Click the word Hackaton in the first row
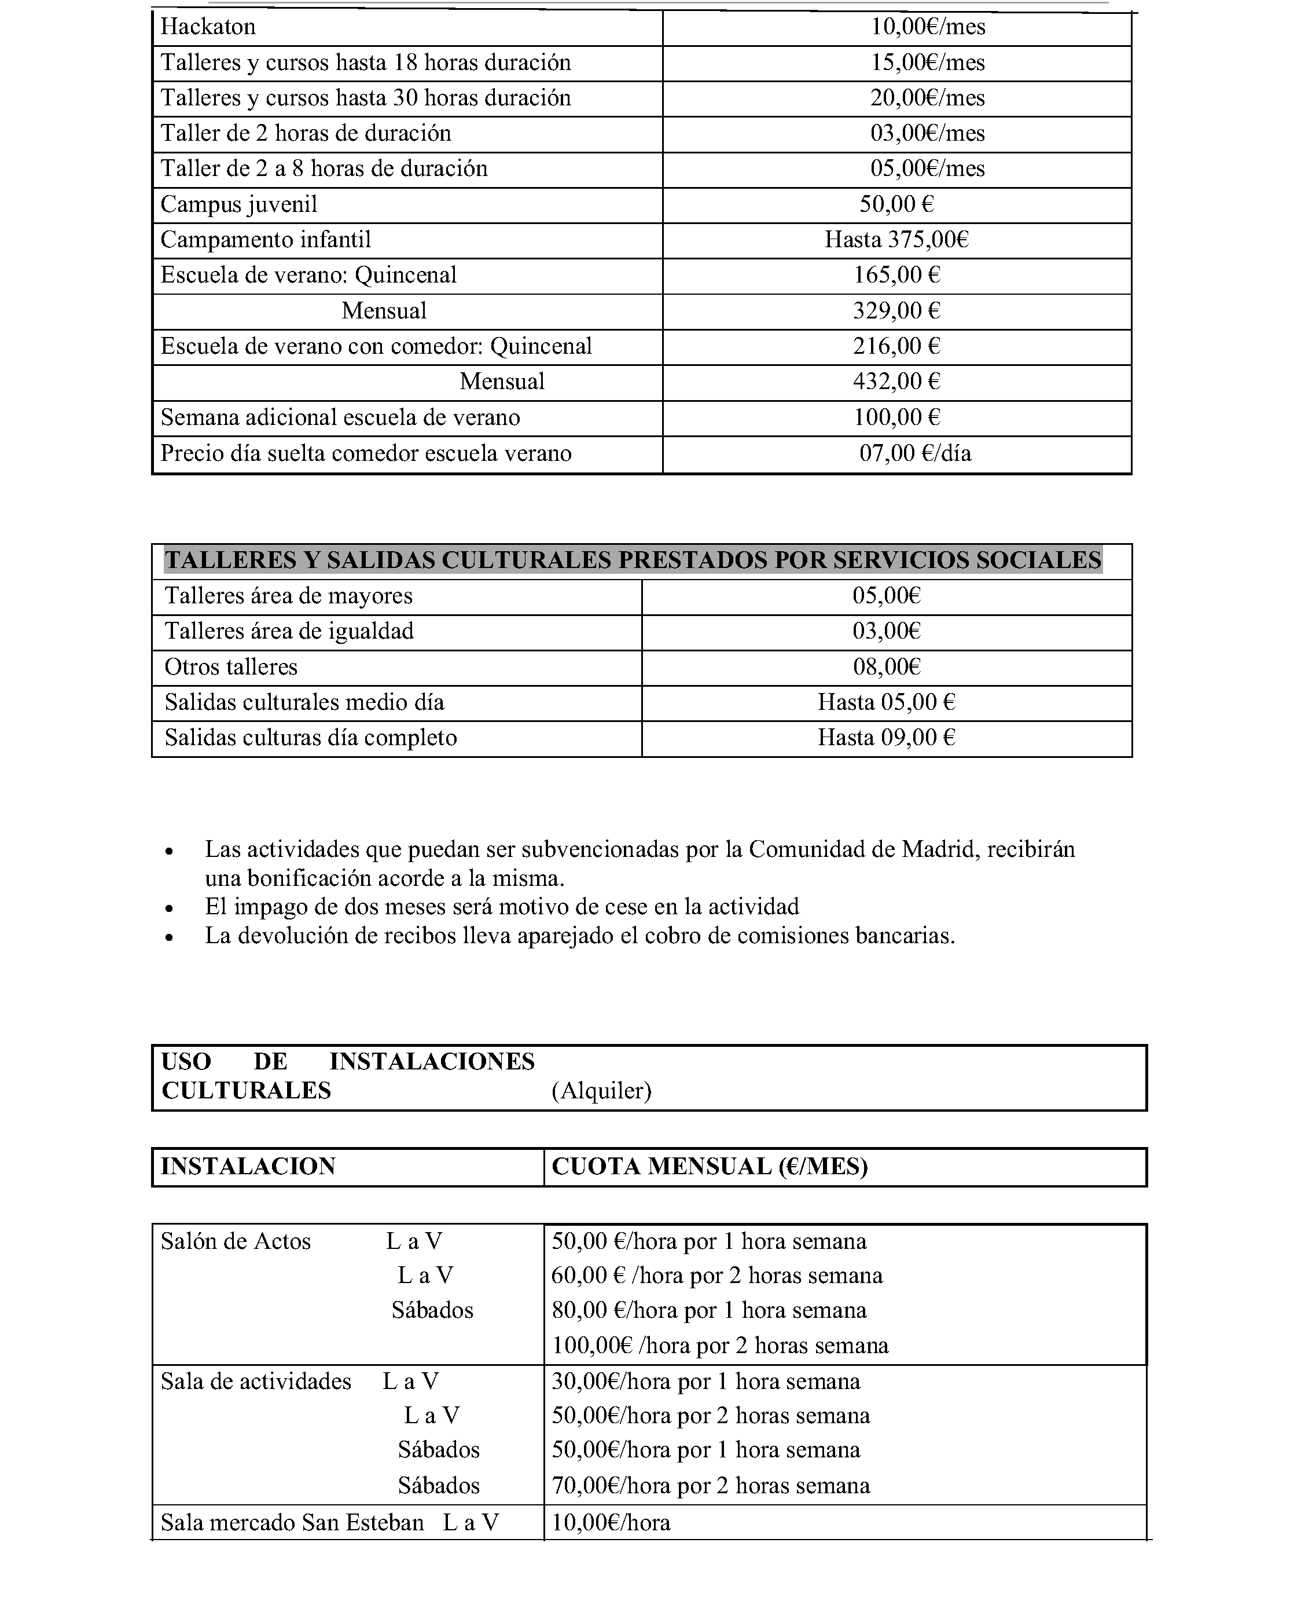tap(208, 27)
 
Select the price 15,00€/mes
tap(927, 62)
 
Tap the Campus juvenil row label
tap(239, 204)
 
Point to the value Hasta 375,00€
tap(896, 240)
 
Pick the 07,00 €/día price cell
tap(915, 453)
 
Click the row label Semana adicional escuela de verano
tap(340, 417)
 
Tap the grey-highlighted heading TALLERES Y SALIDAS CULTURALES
tap(633, 560)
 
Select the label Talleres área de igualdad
tap(289, 631)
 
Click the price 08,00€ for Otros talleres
tap(887, 667)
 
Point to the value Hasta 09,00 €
tap(887, 738)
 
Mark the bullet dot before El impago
tap(170, 908)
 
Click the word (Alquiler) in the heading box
tap(602, 1091)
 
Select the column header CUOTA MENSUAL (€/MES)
tap(709, 1167)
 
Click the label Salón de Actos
tap(236, 1241)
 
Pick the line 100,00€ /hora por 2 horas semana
tap(720, 1346)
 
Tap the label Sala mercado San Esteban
tap(292, 1523)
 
